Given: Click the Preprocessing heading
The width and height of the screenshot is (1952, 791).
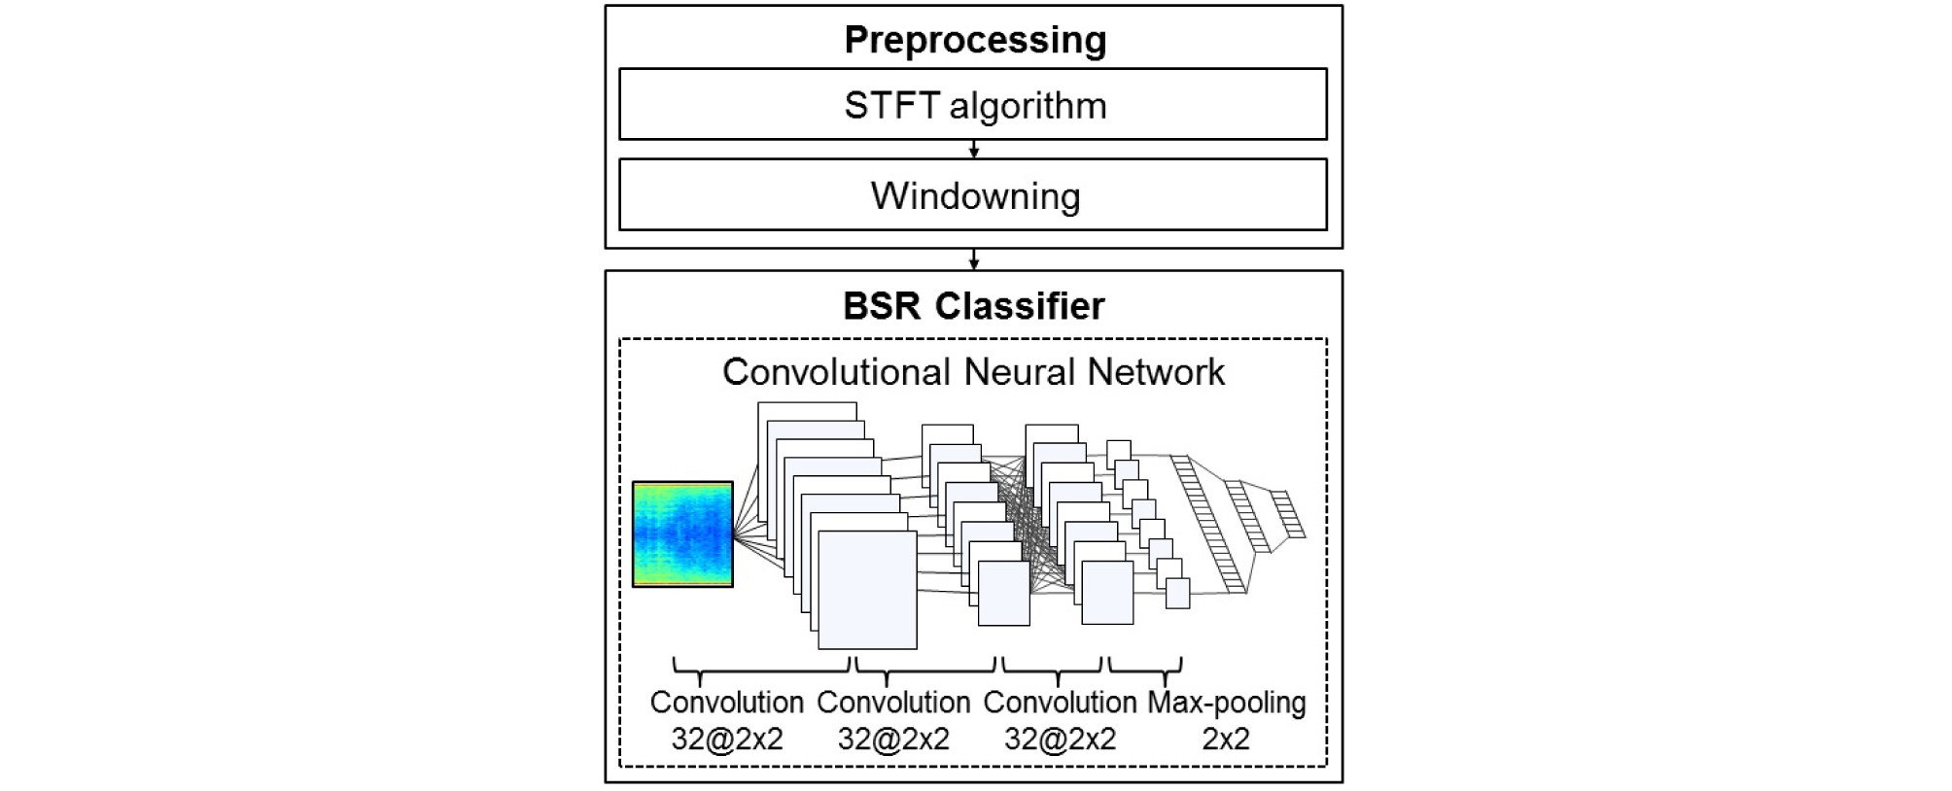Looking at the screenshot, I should point(974,40).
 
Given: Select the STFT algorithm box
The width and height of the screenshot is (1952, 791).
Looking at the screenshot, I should point(973,104).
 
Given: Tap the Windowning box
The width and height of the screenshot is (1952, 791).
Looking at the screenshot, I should point(973,195).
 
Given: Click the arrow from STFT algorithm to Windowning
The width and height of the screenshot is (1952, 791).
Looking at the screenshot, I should point(974,150).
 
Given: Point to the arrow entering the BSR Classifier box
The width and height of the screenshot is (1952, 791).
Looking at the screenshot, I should point(974,259).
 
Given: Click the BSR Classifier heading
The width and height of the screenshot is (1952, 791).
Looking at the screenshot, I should point(974,306).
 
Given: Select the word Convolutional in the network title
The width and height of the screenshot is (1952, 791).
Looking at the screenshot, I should point(836,372).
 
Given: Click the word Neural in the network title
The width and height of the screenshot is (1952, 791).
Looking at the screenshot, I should point(1021,372).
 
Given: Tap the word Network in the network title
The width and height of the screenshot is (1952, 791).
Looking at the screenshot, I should point(1157,372).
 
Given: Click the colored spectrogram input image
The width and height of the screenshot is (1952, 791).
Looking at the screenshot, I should point(682,534).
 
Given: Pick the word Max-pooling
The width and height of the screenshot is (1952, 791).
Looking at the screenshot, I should point(1227,703).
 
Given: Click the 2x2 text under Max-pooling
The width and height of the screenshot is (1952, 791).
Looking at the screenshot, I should point(1226,739).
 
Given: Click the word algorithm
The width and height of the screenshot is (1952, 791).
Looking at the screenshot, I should point(1028,105).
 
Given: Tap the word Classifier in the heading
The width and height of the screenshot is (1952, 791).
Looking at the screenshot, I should point(1020,306).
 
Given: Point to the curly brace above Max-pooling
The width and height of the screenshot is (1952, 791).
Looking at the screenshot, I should point(1145,667).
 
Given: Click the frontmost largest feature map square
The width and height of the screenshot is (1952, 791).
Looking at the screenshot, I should point(867,590).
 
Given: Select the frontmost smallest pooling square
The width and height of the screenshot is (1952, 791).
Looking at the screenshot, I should point(1177,594).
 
